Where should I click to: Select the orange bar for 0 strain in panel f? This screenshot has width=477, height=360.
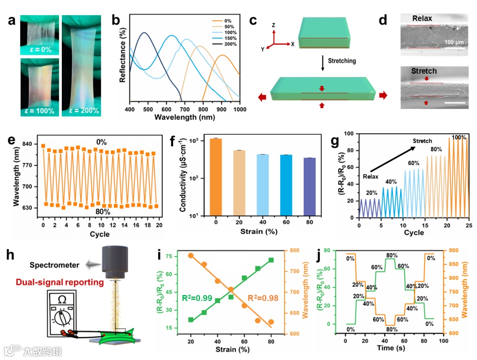(x=216, y=177)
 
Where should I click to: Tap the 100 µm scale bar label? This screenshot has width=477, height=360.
(x=454, y=42)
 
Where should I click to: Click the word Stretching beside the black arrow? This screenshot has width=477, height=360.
(x=341, y=61)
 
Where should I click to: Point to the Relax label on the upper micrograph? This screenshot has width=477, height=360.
(x=422, y=19)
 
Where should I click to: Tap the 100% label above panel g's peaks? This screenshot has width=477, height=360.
(x=458, y=138)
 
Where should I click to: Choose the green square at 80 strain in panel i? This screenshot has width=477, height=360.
(x=271, y=260)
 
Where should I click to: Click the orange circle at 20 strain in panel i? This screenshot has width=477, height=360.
(x=191, y=255)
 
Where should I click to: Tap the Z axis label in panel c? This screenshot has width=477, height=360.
(x=274, y=25)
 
